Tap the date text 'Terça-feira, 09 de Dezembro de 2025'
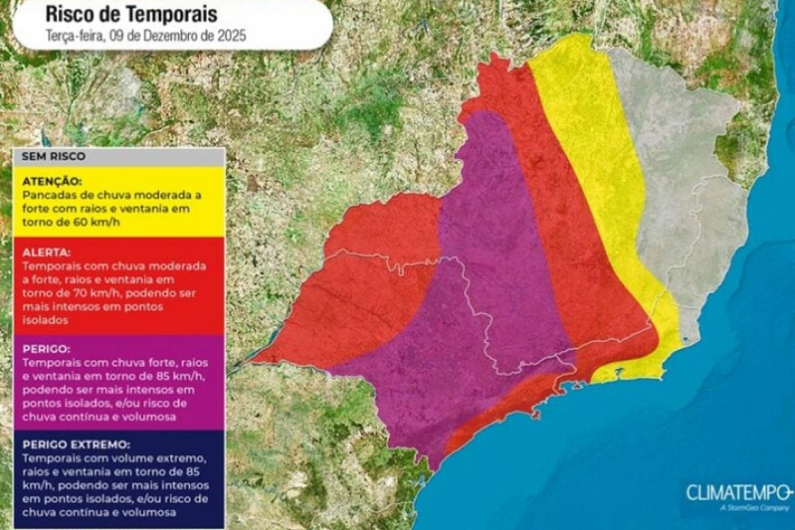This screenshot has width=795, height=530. point(146,36)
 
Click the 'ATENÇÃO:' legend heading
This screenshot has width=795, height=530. point(52,181)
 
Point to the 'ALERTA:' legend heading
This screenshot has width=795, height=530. point(46,252)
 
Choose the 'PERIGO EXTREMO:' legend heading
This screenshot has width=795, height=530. point(76,445)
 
